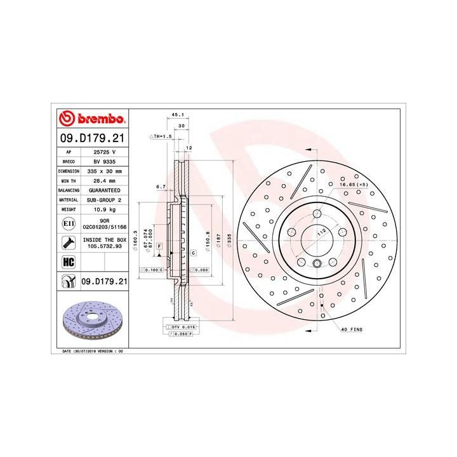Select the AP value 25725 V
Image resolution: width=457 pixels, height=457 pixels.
105,152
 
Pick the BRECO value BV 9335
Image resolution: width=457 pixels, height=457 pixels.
105,162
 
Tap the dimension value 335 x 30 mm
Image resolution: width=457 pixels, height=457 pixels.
105,171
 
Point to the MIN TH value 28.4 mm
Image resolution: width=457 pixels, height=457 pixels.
105,180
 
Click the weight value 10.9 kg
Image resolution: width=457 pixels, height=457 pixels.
105,208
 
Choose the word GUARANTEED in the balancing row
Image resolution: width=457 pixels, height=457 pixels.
105,190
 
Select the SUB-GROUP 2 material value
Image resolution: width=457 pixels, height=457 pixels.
105,199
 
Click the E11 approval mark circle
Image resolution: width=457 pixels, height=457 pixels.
68,223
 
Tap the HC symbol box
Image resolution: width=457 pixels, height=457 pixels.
68,261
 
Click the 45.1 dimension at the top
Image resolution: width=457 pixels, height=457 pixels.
178,115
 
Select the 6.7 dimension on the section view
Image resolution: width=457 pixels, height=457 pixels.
161,187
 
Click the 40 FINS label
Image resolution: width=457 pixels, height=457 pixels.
352,331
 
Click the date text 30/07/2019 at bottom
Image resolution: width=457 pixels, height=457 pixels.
96,350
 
